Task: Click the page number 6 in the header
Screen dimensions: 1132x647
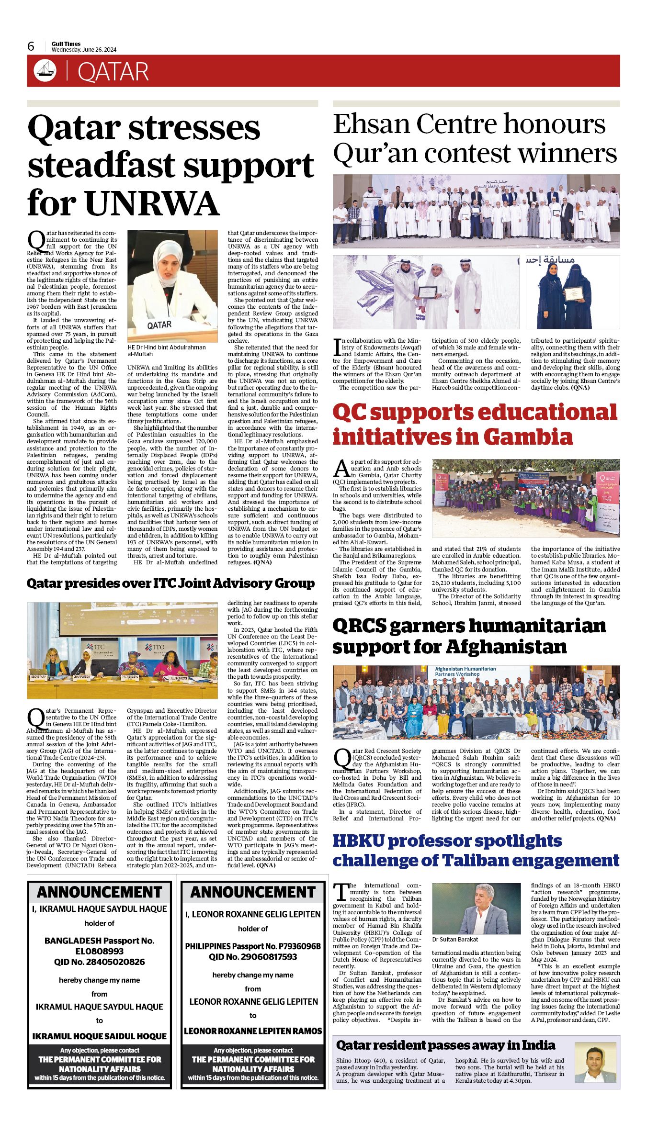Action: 31,46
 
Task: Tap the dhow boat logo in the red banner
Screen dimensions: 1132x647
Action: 45,71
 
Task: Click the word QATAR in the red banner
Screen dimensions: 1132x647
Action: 113,72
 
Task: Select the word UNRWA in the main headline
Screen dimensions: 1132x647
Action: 152,203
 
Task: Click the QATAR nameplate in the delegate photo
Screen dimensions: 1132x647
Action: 159,325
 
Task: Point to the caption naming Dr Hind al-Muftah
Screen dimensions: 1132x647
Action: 167,350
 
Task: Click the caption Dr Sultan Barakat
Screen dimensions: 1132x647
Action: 455,939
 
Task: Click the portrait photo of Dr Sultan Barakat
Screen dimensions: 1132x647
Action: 476,908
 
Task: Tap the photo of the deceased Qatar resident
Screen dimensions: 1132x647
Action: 595,1062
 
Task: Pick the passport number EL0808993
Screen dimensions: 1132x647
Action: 99,951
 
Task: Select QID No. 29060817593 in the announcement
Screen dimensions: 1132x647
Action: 253,956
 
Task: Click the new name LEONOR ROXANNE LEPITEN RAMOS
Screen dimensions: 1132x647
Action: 253,1031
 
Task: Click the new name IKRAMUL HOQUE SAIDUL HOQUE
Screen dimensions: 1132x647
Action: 99,1036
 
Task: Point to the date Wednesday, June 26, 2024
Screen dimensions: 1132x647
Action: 84,50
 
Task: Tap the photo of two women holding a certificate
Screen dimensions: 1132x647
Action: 572,291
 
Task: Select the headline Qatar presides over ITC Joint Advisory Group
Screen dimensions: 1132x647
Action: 170,583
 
